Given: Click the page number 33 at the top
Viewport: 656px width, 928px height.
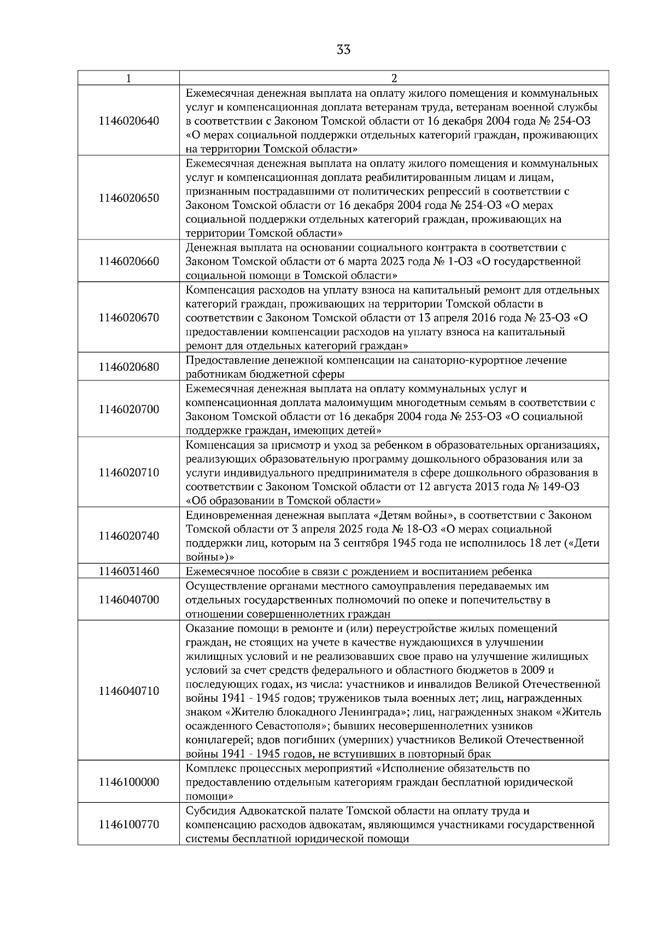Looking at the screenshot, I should tap(343, 50).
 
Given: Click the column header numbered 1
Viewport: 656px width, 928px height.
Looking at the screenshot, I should tap(128, 78).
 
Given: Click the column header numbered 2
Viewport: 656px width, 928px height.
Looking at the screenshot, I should tap(394, 78).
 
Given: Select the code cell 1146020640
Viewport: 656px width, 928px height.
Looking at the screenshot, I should tap(129, 120).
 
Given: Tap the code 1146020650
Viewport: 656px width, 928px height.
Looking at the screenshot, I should tap(129, 198).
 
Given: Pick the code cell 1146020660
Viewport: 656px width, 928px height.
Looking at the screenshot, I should tap(129, 261).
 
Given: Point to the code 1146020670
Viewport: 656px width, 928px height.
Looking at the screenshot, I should tap(129, 318).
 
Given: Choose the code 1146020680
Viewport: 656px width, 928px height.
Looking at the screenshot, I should tap(129, 367).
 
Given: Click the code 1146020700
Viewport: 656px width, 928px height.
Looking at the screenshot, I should tap(129, 409).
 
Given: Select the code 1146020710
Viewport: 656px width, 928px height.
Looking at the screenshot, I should tap(129, 472).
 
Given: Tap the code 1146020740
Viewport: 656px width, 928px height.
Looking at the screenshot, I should tap(129, 536).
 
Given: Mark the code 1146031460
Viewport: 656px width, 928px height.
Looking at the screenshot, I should tap(129, 572).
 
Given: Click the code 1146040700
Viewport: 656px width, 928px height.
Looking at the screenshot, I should tap(129, 600).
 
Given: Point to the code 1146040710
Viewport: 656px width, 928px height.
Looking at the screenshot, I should tap(129, 691).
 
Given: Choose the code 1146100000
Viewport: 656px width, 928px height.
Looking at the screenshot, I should tap(129, 782).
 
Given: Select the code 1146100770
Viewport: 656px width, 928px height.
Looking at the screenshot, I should tap(129, 824).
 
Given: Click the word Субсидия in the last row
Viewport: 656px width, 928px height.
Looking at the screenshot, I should tap(209, 810).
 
